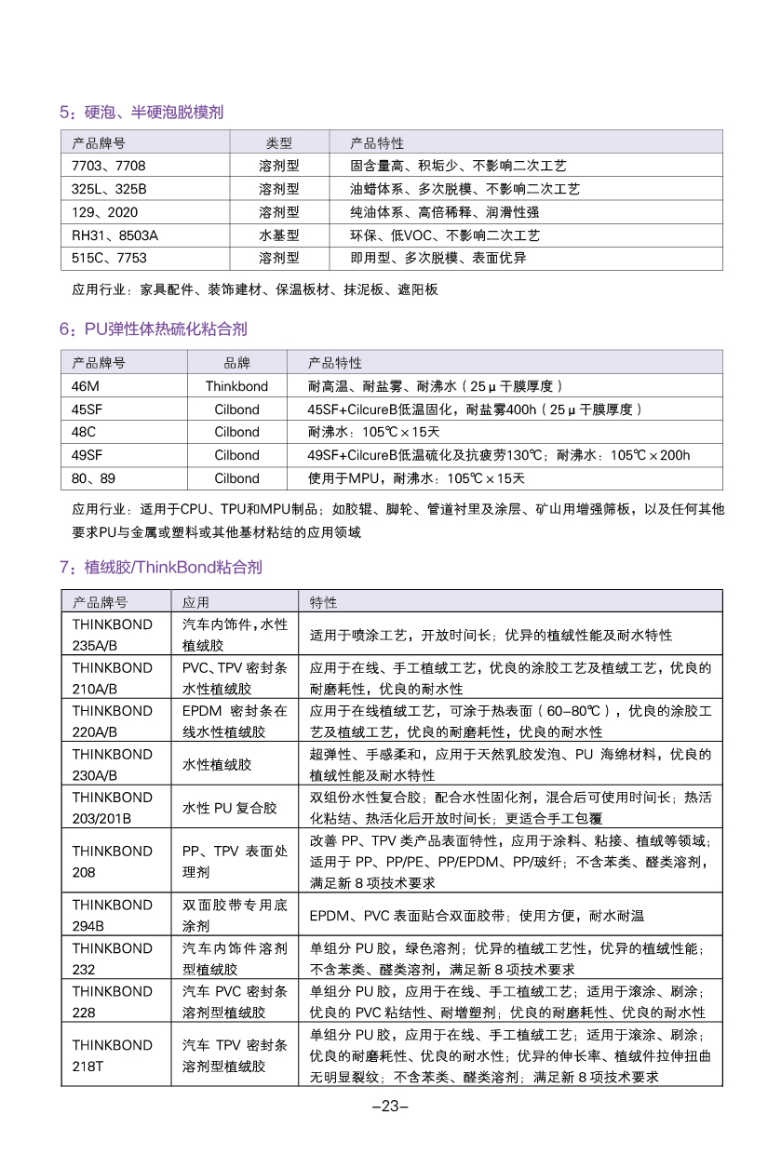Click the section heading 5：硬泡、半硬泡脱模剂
pyautogui.click(x=141, y=113)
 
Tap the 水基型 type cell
pyautogui.click(x=278, y=235)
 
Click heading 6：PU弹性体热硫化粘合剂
pyautogui.click(x=154, y=329)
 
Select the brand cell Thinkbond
pyautogui.click(x=236, y=386)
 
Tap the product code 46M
pyautogui.click(x=88, y=386)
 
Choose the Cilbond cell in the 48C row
pyautogui.click(x=236, y=432)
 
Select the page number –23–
pyautogui.click(x=390, y=1107)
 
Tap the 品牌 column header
pyautogui.click(x=236, y=363)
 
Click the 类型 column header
pyautogui.click(x=278, y=143)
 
